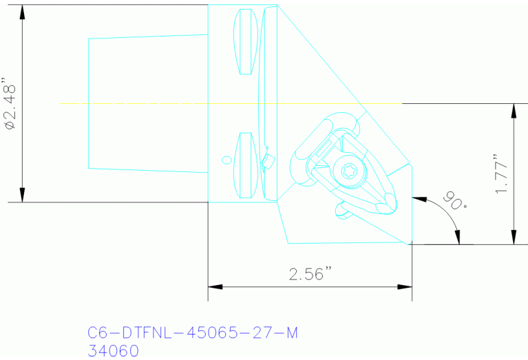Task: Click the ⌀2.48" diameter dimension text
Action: [x=10, y=103]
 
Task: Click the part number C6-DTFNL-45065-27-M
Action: [x=193, y=333]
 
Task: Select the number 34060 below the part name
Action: [x=114, y=351]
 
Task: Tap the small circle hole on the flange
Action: [x=226, y=160]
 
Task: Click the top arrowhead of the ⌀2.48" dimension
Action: [x=23, y=11]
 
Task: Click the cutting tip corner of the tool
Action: [x=410, y=243]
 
